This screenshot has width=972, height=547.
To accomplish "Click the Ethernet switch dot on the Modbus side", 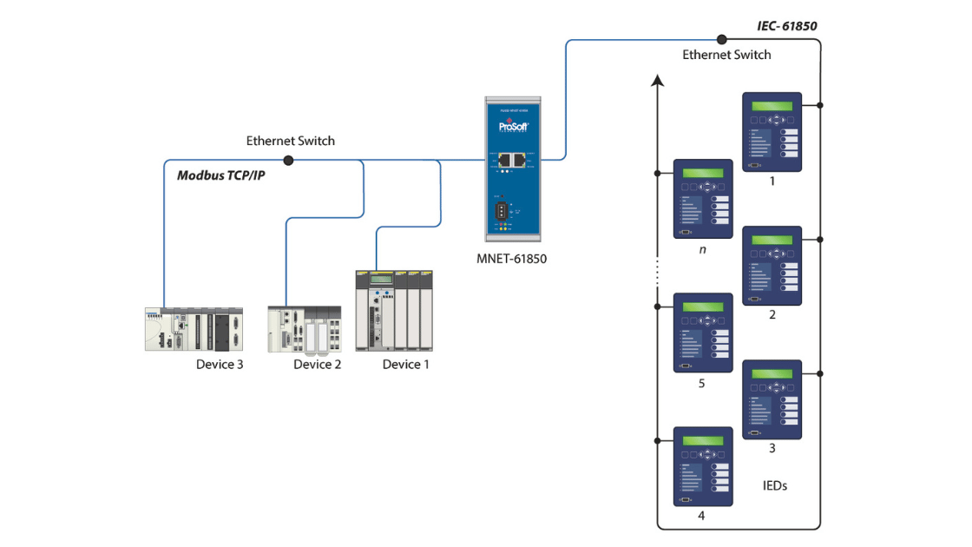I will (x=288, y=160).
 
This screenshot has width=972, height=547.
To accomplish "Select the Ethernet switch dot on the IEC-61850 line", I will (x=721, y=39).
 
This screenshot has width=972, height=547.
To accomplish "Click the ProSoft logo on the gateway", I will (x=512, y=127).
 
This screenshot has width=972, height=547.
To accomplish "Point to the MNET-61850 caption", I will (x=512, y=258).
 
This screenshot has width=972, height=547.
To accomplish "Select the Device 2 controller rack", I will (x=304, y=329).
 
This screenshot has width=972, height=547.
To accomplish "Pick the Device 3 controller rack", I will (x=194, y=329).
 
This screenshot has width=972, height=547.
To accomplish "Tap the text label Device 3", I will (x=220, y=365).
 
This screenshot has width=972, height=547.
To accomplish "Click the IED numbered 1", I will (x=772, y=132).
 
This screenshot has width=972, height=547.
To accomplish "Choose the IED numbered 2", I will (x=772, y=266).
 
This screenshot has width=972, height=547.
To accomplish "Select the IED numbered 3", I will (x=772, y=399).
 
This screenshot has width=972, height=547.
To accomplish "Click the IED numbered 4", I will (x=704, y=466).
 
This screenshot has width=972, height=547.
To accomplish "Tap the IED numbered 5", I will (x=704, y=333).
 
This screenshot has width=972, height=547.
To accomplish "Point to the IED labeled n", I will (x=704, y=199).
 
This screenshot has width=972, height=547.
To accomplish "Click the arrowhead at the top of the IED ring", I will (x=658, y=81).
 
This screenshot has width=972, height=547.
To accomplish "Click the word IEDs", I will (x=768, y=485).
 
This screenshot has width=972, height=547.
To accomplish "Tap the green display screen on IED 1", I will (x=772, y=107).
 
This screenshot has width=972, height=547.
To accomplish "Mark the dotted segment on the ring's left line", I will (x=658, y=272).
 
